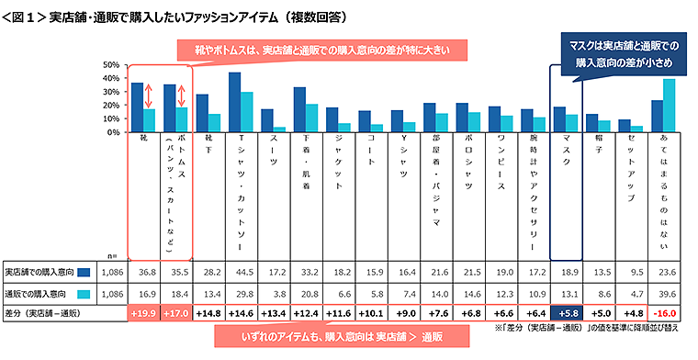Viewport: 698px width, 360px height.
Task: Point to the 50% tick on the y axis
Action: click(x=109, y=65)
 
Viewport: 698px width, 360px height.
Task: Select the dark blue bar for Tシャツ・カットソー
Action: click(x=234, y=102)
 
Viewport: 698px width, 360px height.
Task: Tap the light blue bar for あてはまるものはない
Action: click(x=669, y=106)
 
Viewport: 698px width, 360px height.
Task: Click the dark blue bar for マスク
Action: click(x=558, y=119)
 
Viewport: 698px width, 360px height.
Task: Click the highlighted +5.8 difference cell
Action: click(x=564, y=313)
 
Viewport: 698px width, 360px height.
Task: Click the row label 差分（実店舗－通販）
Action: click(x=51, y=313)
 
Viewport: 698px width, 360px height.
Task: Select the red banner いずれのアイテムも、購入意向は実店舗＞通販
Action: click(x=350, y=337)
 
